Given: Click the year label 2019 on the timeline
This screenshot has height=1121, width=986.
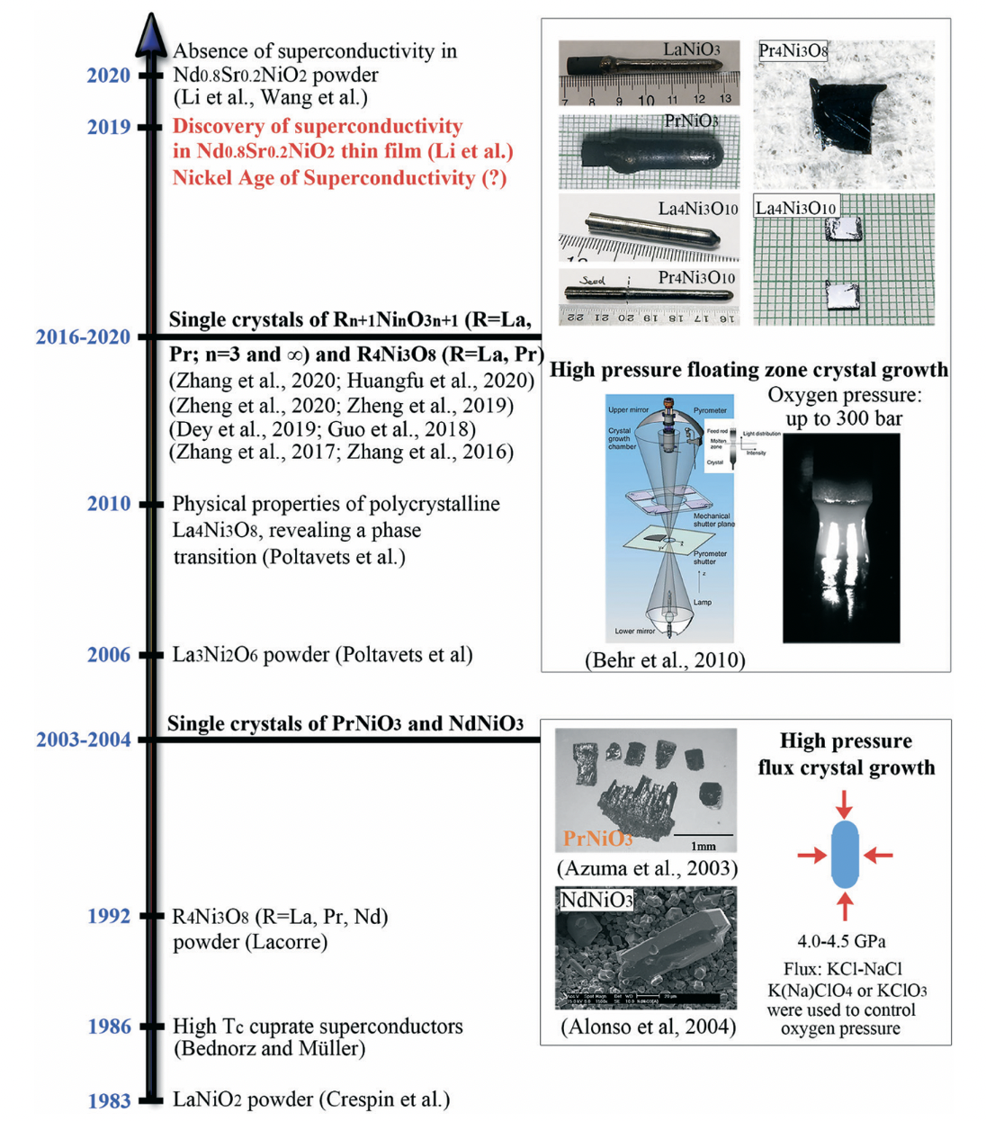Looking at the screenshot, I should pyautogui.click(x=109, y=127).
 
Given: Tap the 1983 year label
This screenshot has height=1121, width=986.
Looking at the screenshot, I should pyautogui.click(x=109, y=1100).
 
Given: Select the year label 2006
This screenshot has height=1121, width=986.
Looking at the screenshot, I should pyautogui.click(x=109, y=655).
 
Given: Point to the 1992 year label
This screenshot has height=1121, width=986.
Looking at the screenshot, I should pyautogui.click(x=109, y=917).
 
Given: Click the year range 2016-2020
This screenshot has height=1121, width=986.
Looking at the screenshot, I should pyautogui.click(x=83, y=337).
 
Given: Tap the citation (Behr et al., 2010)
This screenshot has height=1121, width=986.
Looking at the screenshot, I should pyautogui.click(x=665, y=660).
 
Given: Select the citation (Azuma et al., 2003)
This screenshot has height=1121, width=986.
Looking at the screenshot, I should pyautogui.click(x=648, y=868).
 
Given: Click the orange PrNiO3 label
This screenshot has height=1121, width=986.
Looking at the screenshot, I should pyautogui.click(x=597, y=839).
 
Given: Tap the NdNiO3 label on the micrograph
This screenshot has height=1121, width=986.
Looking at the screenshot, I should pyautogui.click(x=596, y=900).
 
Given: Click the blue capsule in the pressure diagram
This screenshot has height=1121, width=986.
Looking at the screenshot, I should pyautogui.click(x=845, y=854).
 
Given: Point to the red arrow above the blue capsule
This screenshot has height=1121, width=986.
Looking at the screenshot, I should pyautogui.click(x=845, y=803).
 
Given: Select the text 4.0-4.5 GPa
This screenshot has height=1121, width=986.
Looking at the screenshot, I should pyautogui.click(x=841, y=941).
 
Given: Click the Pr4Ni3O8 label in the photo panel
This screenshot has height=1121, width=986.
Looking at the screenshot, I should pyautogui.click(x=793, y=51).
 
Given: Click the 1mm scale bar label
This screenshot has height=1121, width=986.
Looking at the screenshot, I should pyautogui.click(x=704, y=846).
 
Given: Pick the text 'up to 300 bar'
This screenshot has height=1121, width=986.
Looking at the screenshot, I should pyautogui.click(x=844, y=418).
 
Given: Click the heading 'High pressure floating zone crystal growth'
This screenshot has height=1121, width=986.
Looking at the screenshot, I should pyautogui.click(x=748, y=370).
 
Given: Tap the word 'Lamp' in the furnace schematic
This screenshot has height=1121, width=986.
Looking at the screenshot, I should pyautogui.click(x=702, y=602).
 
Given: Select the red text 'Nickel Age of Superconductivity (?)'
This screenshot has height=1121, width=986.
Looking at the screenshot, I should pyautogui.click(x=339, y=177).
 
